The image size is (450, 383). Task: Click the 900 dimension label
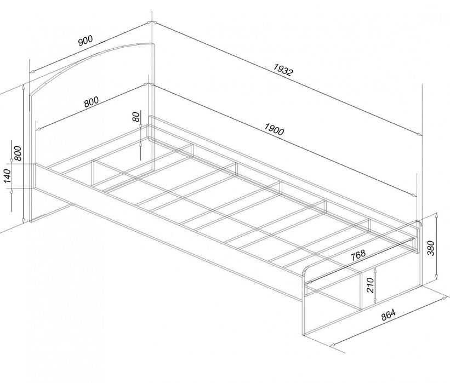86,41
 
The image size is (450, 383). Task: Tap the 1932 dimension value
283,70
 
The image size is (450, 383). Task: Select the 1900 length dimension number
274,129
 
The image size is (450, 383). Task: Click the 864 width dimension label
388,315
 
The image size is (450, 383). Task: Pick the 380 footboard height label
431,248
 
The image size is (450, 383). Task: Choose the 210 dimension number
370,285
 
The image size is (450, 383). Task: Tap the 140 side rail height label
7,176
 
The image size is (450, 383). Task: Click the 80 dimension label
136,117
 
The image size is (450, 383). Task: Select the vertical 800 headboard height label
18,153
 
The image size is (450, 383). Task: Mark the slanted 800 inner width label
92,102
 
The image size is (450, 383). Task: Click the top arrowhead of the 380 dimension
436,215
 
